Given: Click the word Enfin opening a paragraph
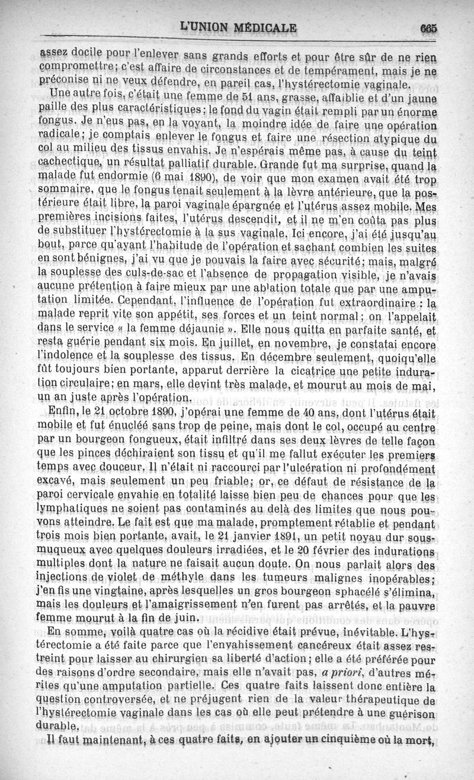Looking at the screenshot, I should click(x=59, y=412).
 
